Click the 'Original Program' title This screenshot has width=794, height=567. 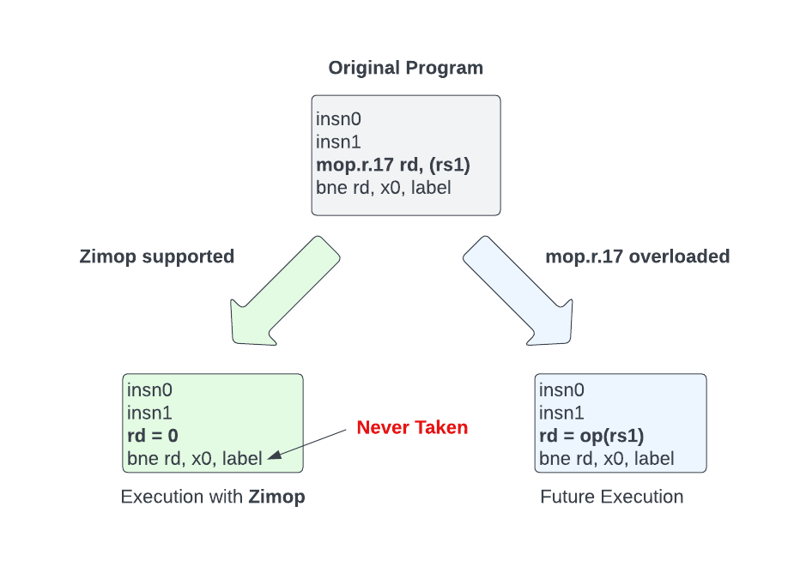tap(405, 68)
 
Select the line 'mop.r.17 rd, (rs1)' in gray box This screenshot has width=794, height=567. tap(393, 164)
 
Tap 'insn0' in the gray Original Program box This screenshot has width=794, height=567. tap(338, 118)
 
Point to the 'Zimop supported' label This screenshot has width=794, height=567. tap(156, 256)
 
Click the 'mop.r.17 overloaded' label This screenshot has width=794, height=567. tap(637, 256)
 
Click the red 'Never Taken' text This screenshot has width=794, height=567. tap(412, 427)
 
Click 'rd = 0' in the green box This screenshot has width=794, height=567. tap(152, 436)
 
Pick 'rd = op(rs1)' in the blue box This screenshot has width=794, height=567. tap(591, 436)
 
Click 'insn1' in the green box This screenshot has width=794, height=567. tap(149, 413)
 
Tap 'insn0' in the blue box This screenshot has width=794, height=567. tap(561, 390)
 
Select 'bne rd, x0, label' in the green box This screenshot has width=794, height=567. tap(194, 459)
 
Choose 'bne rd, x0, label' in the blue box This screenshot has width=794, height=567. tap(606, 459)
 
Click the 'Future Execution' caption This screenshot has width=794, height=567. tap(611, 497)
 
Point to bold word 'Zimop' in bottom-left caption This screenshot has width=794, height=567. tap(276, 497)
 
